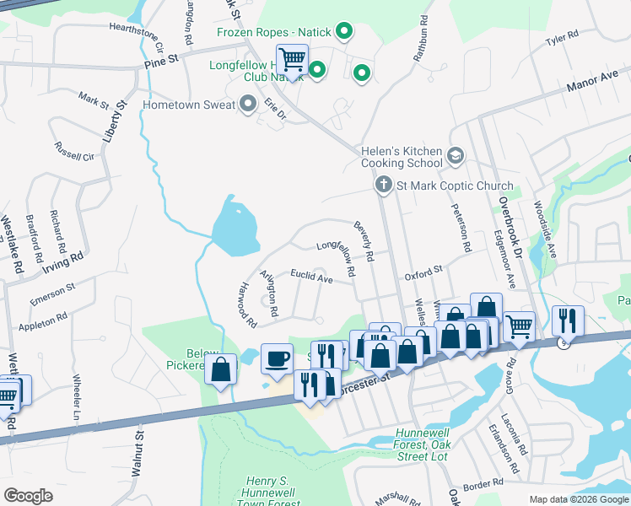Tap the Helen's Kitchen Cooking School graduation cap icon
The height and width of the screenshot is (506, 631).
coord(456,156)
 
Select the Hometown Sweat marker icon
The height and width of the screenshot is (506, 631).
coord(248,105)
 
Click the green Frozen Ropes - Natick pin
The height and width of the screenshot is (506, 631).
coord(343,33)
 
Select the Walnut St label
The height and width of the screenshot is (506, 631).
coord(137,455)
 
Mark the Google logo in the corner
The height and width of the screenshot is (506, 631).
coord(28,495)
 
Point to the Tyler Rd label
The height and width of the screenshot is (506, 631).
coord(561,38)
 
